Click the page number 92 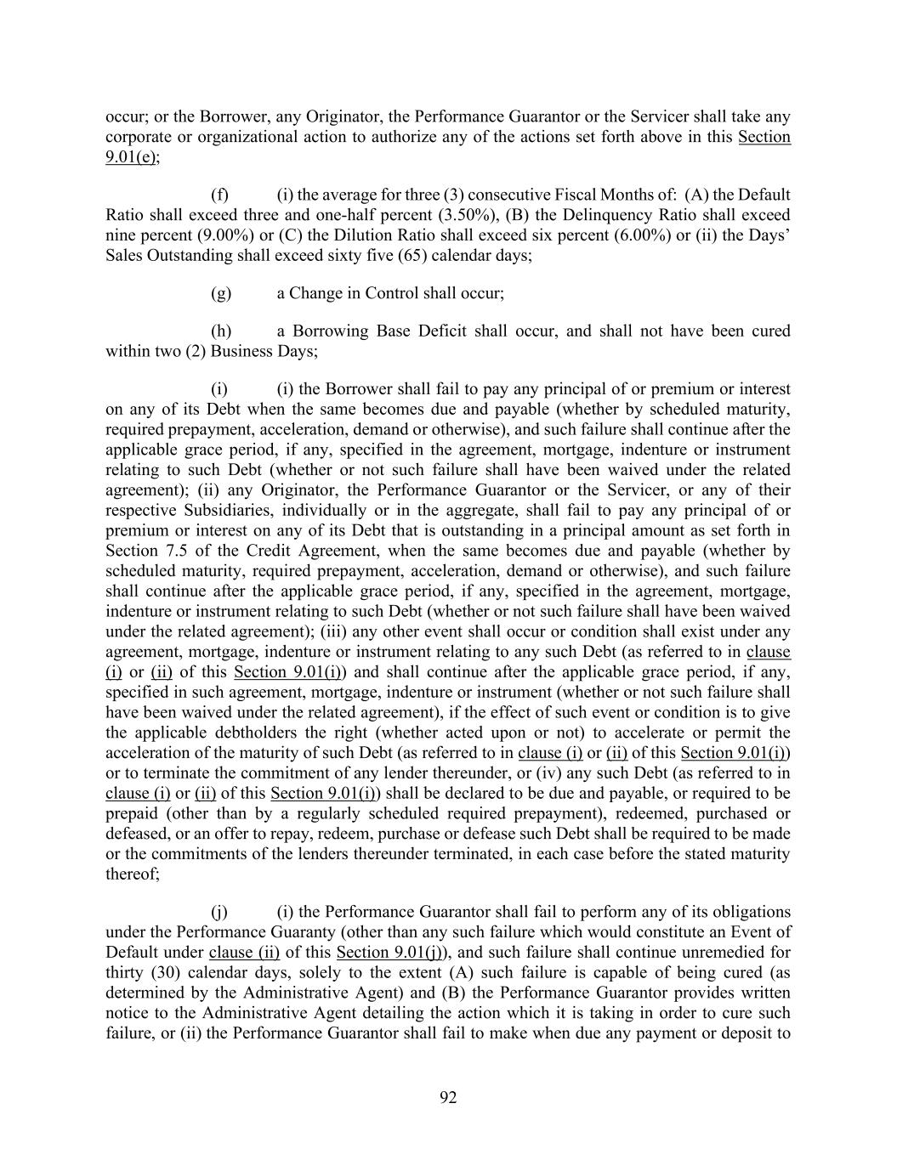point(448,1098)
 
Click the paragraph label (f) point(219,195)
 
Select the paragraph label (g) point(220,293)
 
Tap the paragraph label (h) point(220,331)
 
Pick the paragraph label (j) point(219,912)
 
